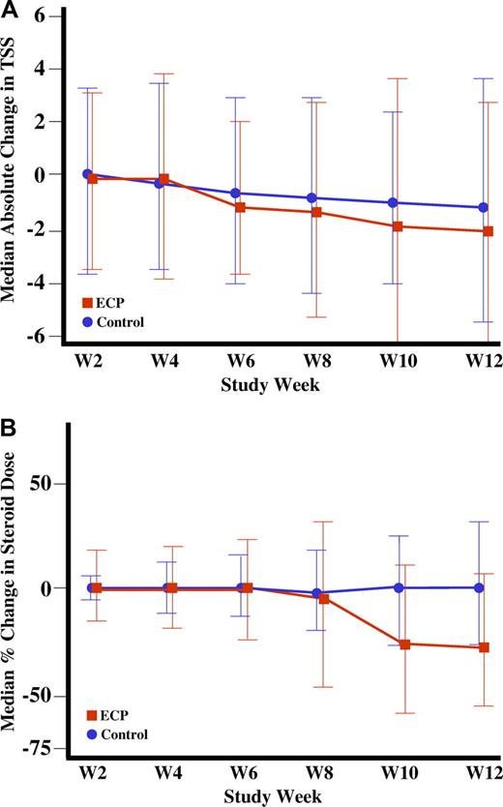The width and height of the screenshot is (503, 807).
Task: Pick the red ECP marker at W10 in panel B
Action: [x=404, y=644]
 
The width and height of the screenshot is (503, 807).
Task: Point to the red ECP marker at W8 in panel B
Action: [x=324, y=599]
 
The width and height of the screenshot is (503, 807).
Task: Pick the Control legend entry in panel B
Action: [x=116, y=734]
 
